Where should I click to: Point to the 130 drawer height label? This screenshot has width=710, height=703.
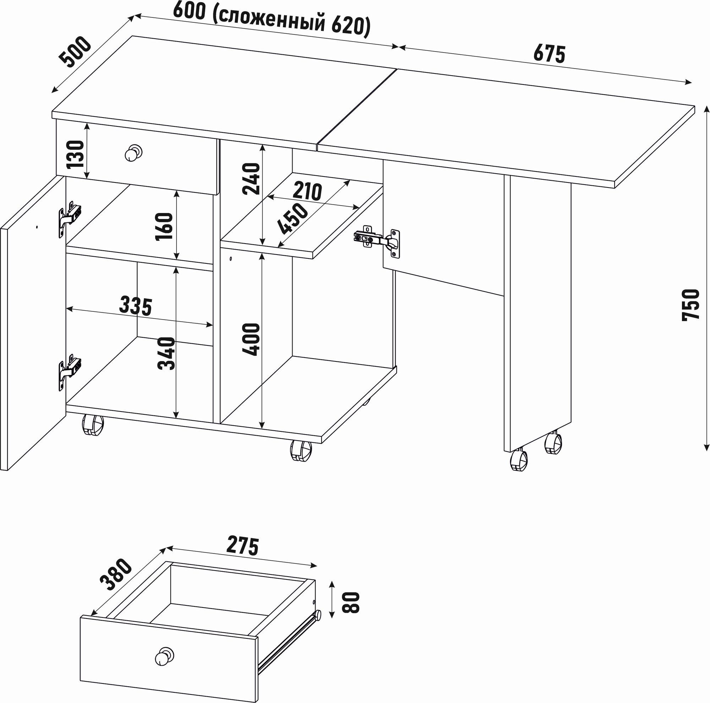click(x=76, y=154)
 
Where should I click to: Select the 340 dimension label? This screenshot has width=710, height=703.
click(x=166, y=353)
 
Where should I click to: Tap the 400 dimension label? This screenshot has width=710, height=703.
click(x=251, y=339)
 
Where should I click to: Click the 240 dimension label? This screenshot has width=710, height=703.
click(x=251, y=179)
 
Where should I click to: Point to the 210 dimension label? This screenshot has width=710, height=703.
click(x=307, y=191)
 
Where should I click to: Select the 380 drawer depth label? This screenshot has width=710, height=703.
click(x=115, y=574)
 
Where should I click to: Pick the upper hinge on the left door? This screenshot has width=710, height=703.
click(x=69, y=217)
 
